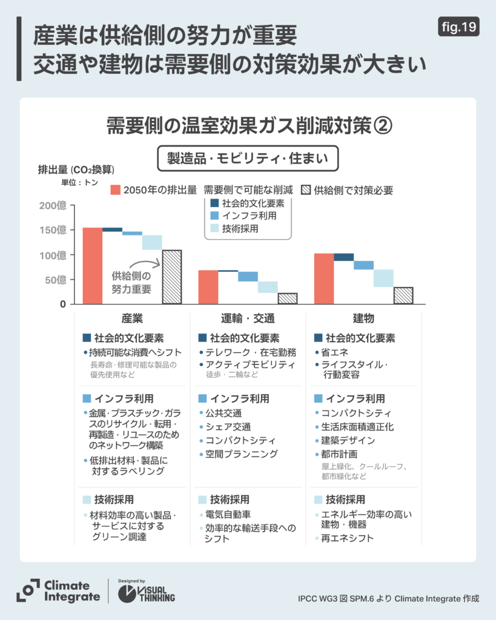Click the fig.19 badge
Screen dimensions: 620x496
tap(458, 27)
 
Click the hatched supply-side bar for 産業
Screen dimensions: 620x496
tap(171, 277)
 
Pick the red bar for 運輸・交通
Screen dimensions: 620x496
tap(208, 287)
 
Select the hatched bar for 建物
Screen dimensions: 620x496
tap(403, 295)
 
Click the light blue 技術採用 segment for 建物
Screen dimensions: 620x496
tap(383, 278)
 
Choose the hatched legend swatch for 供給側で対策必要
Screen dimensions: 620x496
tap(306, 190)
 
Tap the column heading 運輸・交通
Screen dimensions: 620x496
tap(247, 318)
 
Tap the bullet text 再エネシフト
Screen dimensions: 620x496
tap(348, 538)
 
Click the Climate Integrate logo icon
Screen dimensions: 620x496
tap(28, 590)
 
